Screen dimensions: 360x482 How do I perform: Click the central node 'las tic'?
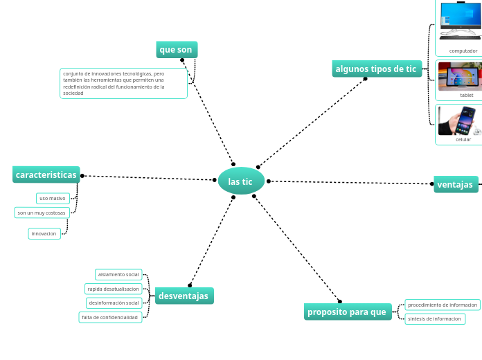241,181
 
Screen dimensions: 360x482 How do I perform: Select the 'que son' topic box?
177,50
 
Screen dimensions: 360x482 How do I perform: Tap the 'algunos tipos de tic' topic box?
376,69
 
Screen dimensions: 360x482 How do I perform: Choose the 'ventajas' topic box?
456,184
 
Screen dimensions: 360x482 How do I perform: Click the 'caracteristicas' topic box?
46,174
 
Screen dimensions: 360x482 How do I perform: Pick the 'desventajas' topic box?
184,296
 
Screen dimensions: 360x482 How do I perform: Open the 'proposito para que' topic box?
347,312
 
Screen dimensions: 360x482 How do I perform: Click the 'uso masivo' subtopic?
53,198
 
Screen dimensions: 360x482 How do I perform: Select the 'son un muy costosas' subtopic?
42,213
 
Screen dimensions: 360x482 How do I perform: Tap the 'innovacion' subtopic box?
44,233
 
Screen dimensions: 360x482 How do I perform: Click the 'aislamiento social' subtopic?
118,274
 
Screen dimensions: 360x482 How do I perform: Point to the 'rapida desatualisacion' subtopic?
114,289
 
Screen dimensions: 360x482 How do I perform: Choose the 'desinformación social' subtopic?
114,303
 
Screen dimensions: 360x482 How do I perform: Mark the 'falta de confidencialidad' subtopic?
110,317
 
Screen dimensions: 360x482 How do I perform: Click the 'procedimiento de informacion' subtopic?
443,305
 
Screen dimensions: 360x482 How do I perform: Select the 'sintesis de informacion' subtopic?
434,319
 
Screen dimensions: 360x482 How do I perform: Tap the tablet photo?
460,76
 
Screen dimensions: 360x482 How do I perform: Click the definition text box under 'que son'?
123,83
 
